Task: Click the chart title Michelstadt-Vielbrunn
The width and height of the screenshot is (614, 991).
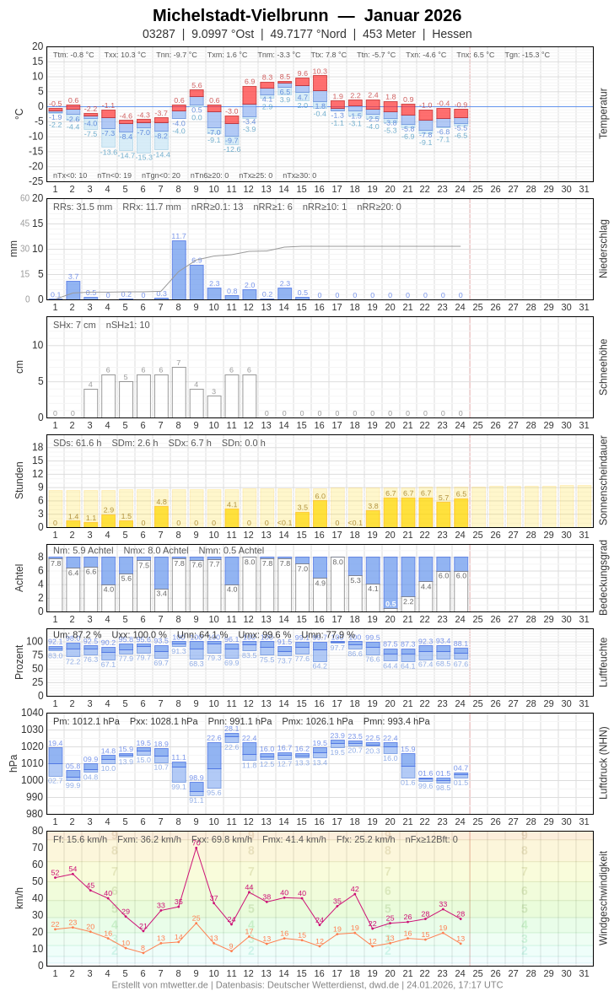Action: point(240,15)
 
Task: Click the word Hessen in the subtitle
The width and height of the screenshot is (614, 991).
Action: point(451,34)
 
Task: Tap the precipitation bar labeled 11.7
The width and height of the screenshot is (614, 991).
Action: point(179,270)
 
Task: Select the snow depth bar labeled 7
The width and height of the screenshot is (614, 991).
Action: point(179,392)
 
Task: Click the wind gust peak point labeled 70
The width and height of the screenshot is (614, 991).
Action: point(197,847)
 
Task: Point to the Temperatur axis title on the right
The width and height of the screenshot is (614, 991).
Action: point(603,113)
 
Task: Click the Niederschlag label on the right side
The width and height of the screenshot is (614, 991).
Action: point(603,249)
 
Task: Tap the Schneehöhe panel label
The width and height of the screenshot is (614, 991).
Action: point(603,367)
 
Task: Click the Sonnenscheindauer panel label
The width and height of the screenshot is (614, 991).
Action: point(603,481)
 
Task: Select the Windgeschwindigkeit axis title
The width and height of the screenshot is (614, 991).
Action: point(603,897)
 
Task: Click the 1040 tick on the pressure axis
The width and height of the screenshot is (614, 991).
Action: point(32,712)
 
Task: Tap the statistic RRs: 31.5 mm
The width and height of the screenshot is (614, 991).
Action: point(83,207)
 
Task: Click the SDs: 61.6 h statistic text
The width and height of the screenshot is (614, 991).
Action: point(77,443)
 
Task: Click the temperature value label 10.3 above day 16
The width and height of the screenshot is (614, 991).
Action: point(320,72)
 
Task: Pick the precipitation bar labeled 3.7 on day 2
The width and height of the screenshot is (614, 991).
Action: point(73,290)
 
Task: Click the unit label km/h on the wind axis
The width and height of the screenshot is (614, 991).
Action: point(19,897)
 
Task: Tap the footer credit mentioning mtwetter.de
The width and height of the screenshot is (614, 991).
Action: point(307,984)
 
